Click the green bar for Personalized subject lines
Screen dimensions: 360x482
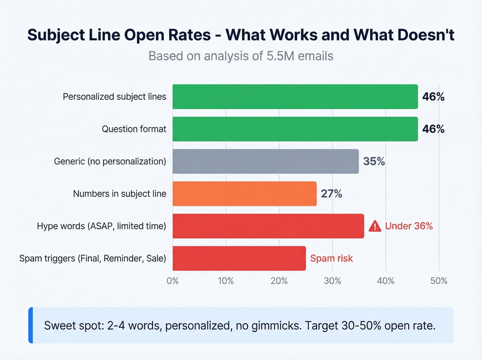[295, 97]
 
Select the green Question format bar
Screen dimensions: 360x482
[295, 129]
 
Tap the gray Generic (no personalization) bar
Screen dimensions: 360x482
[265, 162]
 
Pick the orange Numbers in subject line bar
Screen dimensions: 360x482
[244, 194]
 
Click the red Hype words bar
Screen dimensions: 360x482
[268, 226]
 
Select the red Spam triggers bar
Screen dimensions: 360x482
[239, 258]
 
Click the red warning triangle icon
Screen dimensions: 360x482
[375, 226]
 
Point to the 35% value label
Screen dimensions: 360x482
[374, 162]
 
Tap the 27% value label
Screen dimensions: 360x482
[332, 194]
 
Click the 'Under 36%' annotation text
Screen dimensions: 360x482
[409, 226]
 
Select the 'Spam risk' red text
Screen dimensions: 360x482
[332, 258]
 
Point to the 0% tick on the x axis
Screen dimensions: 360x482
[172, 281]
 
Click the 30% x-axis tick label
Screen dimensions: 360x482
[332, 281]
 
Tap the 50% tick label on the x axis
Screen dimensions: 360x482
[439, 281]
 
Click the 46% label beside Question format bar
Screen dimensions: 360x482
[433, 129]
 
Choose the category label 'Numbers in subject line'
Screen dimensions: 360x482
[119, 194]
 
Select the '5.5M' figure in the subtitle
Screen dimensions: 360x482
[281, 56]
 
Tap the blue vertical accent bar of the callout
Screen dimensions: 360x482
[31, 325]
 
